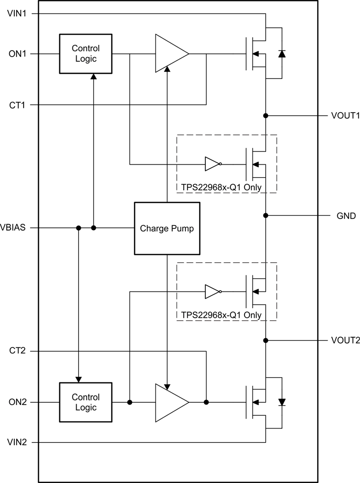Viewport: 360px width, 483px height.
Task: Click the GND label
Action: tap(346, 215)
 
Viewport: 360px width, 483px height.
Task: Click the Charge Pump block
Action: tap(168, 228)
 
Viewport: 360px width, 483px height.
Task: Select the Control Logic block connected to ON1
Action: tap(85, 54)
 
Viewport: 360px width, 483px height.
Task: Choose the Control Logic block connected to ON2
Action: tap(85, 402)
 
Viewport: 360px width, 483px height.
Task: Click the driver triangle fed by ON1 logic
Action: tap(169, 54)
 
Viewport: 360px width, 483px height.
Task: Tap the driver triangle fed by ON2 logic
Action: tap(169, 402)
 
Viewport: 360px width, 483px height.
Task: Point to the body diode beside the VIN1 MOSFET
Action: tap(282, 54)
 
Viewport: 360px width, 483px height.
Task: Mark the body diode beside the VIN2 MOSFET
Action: tap(282, 402)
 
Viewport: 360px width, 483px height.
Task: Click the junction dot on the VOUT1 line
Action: tap(266, 115)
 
